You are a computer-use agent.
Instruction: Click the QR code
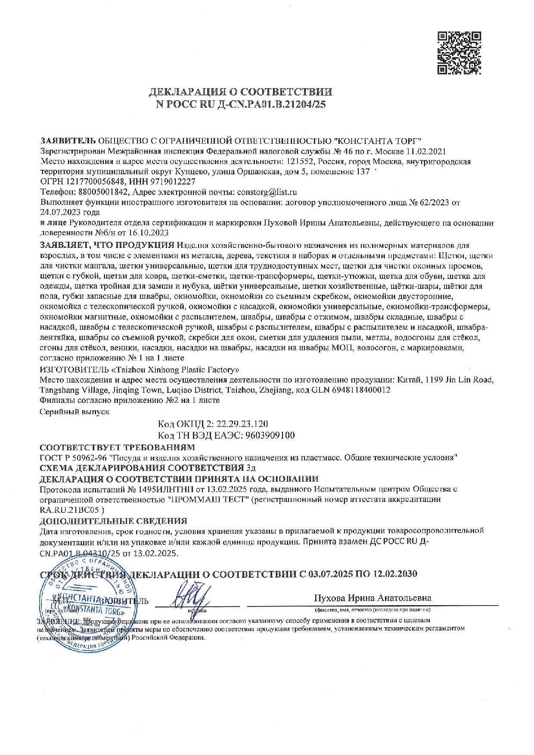coord(459,53)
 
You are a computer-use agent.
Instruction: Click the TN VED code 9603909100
coord(270,435)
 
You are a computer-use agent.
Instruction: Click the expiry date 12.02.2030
coord(396,574)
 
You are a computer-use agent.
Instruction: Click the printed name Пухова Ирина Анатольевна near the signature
coord(373,598)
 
